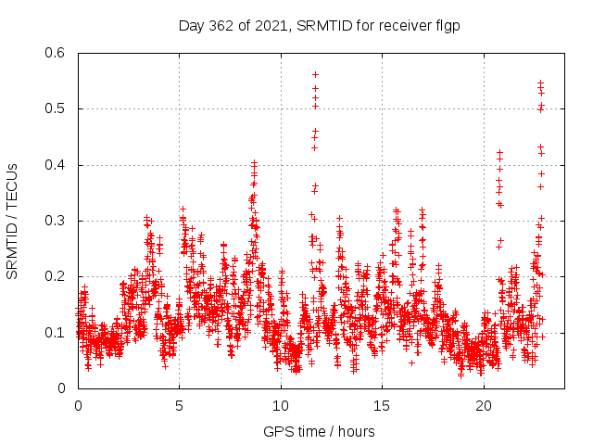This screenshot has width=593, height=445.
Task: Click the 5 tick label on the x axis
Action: pyautogui.click(x=180, y=406)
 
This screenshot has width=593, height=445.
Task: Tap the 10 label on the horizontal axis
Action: pyautogui.click(x=281, y=406)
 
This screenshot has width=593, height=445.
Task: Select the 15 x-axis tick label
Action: pyautogui.click(x=383, y=406)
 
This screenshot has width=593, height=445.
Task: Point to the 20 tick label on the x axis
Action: pyautogui.click(x=484, y=406)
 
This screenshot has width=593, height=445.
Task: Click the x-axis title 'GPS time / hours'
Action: pyautogui.click(x=319, y=431)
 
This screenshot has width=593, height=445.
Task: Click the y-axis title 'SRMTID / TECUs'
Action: pyautogui.click(x=13, y=221)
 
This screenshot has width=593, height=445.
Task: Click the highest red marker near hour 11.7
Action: pyautogui.click(x=315, y=74)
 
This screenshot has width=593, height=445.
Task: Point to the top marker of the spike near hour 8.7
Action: pyautogui.click(x=254, y=162)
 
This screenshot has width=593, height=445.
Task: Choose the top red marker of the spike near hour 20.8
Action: pyautogui.click(x=499, y=152)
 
